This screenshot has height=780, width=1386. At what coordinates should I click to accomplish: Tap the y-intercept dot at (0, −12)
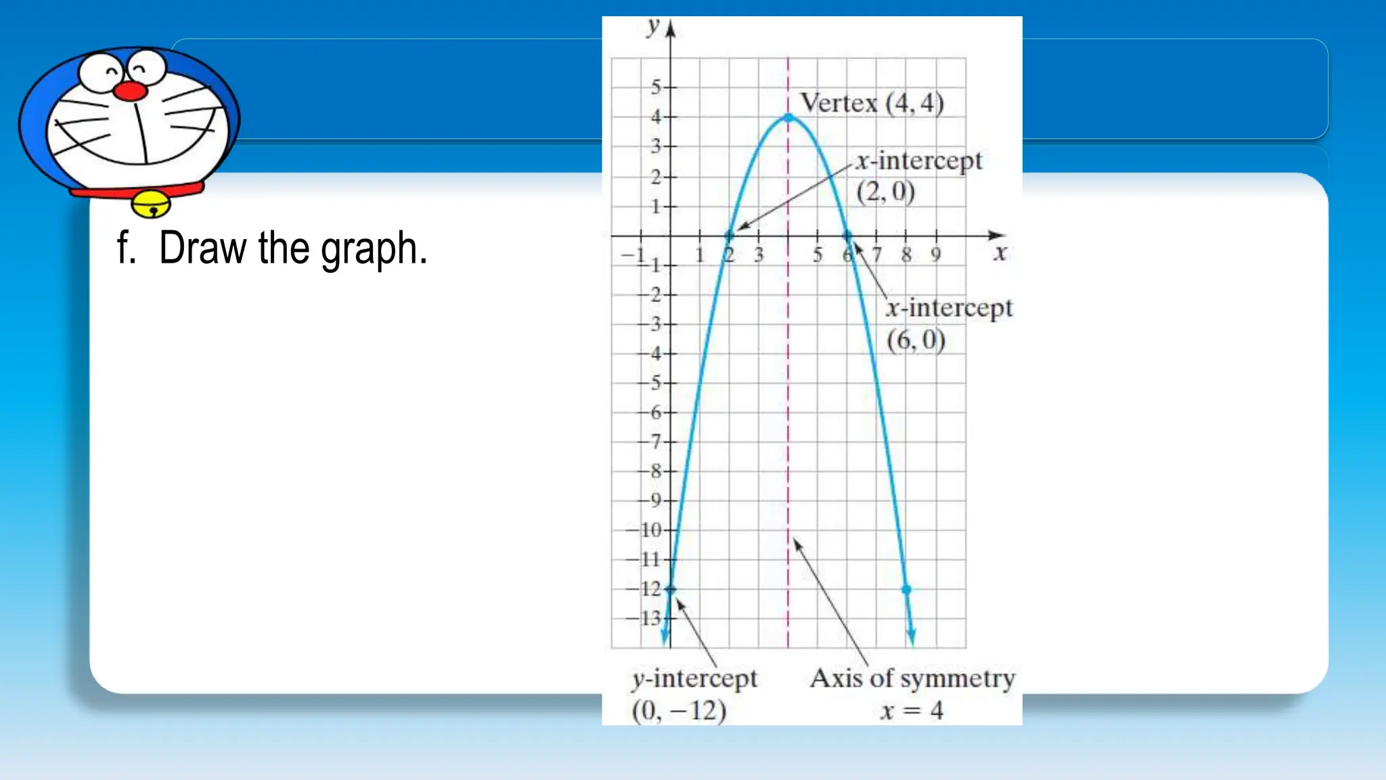point(670,589)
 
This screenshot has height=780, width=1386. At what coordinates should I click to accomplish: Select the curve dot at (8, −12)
point(906,589)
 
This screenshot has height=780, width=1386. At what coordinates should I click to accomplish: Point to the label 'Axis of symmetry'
point(912,678)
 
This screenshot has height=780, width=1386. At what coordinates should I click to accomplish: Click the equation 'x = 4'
point(912,710)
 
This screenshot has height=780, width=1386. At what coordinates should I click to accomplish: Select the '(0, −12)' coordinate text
point(679,710)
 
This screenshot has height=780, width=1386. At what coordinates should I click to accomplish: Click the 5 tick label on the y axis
point(656,87)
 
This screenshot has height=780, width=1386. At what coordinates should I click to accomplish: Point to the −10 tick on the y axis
point(650,529)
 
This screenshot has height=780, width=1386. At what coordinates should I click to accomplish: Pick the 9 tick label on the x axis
point(936,255)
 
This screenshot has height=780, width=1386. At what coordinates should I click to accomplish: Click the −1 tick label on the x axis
point(633,255)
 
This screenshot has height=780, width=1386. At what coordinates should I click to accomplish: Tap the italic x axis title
point(1000,253)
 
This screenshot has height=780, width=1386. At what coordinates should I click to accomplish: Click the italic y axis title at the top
point(652,27)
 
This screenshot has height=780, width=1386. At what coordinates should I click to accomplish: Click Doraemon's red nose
point(129,91)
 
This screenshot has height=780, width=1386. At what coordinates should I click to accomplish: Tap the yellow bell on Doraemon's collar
point(152,204)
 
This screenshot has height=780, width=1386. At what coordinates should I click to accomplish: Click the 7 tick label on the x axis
point(877,255)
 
